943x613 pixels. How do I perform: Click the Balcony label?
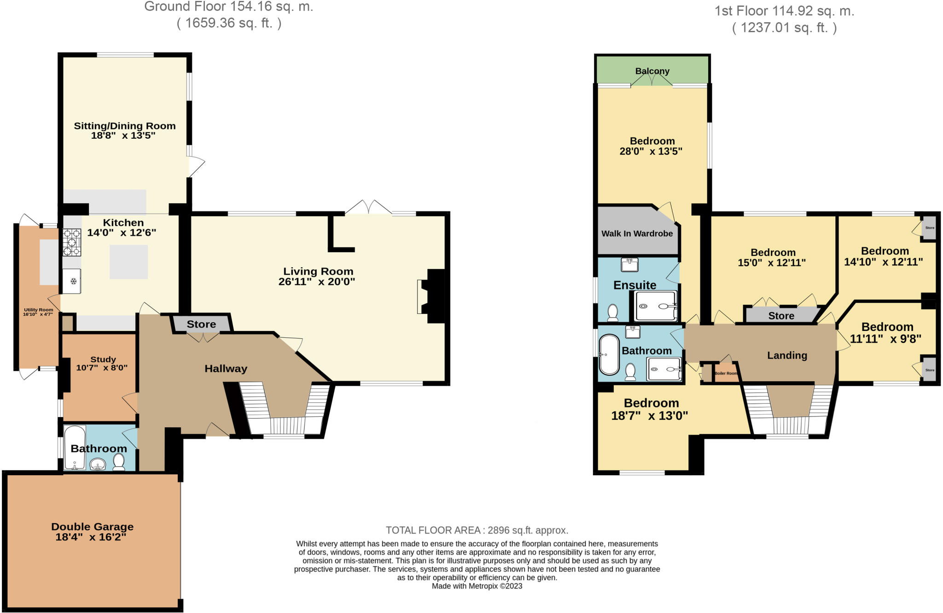coord(652,71)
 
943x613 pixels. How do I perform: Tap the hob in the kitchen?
coord(72,242)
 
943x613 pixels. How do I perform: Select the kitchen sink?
coord(72,281)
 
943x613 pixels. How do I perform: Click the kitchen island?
coord(128,262)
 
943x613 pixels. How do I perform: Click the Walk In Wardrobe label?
coord(637,234)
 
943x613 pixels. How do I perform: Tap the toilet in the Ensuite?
coord(612,312)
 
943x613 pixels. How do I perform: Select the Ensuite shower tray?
coord(656,306)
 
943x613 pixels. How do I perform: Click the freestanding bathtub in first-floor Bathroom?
coord(608,354)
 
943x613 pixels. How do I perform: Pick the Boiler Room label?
coord(726,373)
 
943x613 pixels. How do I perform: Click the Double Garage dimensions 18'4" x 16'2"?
coord(91,537)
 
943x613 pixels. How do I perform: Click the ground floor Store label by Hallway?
coord(201,324)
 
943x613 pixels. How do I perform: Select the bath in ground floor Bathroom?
coord(75,447)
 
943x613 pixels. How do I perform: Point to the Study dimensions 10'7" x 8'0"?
coord(102,368)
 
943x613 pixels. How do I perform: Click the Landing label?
coord(787,355)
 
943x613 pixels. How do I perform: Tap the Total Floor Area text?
coord(477,530)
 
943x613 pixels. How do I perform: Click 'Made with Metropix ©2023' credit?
coord(477,586)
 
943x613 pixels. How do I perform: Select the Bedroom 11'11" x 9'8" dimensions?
coord(885,339)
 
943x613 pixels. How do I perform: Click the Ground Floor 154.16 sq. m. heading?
coord(229,7)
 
